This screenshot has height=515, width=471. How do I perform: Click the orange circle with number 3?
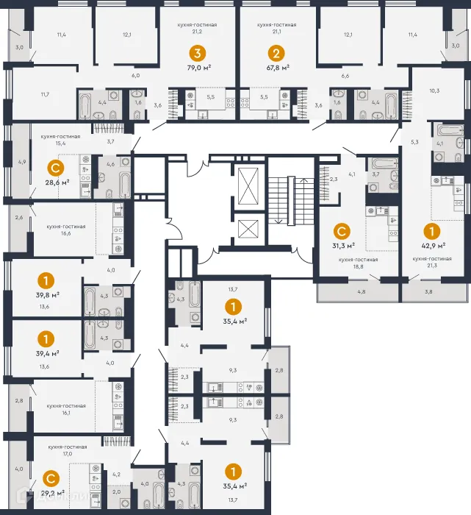click(x=196, y=53)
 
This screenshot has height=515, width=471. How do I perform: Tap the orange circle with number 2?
click(x=276, y=53)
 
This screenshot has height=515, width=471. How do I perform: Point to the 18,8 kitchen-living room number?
click(x=359, y=270)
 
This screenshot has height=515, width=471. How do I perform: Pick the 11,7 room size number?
click(x=45, y=94)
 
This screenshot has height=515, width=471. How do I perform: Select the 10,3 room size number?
click(x=434, y=90)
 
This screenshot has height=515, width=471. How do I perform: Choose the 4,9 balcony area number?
click(x=22, y=161)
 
